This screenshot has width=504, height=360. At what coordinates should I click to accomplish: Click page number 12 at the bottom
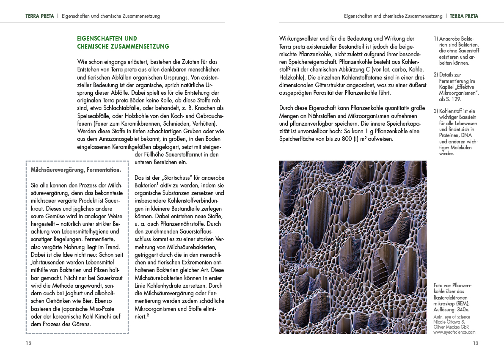(x=28, y=343)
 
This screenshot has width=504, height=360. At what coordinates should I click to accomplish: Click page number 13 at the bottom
(x=475, y=343)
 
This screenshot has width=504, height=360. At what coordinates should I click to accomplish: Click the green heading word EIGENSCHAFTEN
(x=101, y=38)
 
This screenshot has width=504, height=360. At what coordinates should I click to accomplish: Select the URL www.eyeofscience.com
(x=454, y=332)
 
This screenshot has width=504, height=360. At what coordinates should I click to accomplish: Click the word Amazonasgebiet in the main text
(x=126, y=139)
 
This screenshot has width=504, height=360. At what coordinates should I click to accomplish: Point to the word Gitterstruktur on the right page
(x=335, y=85)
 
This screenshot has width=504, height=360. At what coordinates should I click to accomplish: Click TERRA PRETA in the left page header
(x=39, y=16)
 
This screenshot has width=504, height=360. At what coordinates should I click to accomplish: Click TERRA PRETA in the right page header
(x=464, y=16)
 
